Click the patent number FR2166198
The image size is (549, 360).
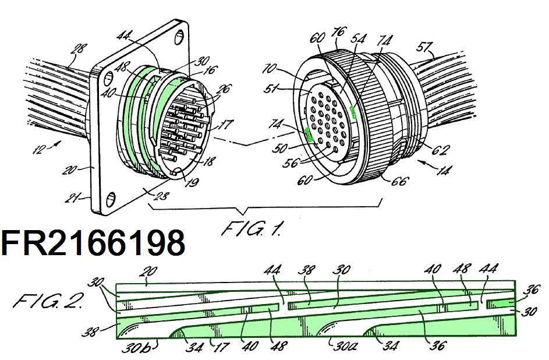click(x=93, y=243)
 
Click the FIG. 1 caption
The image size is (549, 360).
click(x=252, y=228)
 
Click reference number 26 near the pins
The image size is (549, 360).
click(x=224, y=90)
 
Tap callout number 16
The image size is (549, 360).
click(x=210, y=70)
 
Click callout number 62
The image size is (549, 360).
click(x=441, y=150)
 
